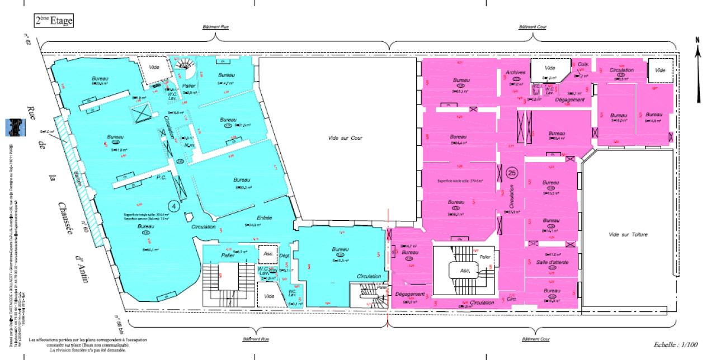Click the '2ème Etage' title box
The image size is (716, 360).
[53, 21]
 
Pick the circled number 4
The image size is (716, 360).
[175, 206]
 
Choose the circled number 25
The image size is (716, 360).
[511, 173]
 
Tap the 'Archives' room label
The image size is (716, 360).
[515, 73]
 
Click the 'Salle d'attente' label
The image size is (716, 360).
[550, 263]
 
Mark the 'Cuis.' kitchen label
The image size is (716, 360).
[582, 64]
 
